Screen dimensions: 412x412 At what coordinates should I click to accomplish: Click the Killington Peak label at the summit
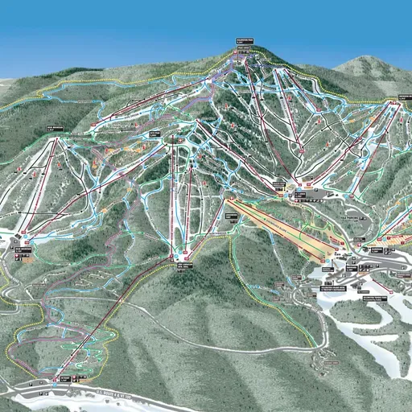point(244,39)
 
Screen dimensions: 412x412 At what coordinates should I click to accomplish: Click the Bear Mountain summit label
point(54,127)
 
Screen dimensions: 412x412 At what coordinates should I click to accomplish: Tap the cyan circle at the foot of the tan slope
point(325,258)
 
